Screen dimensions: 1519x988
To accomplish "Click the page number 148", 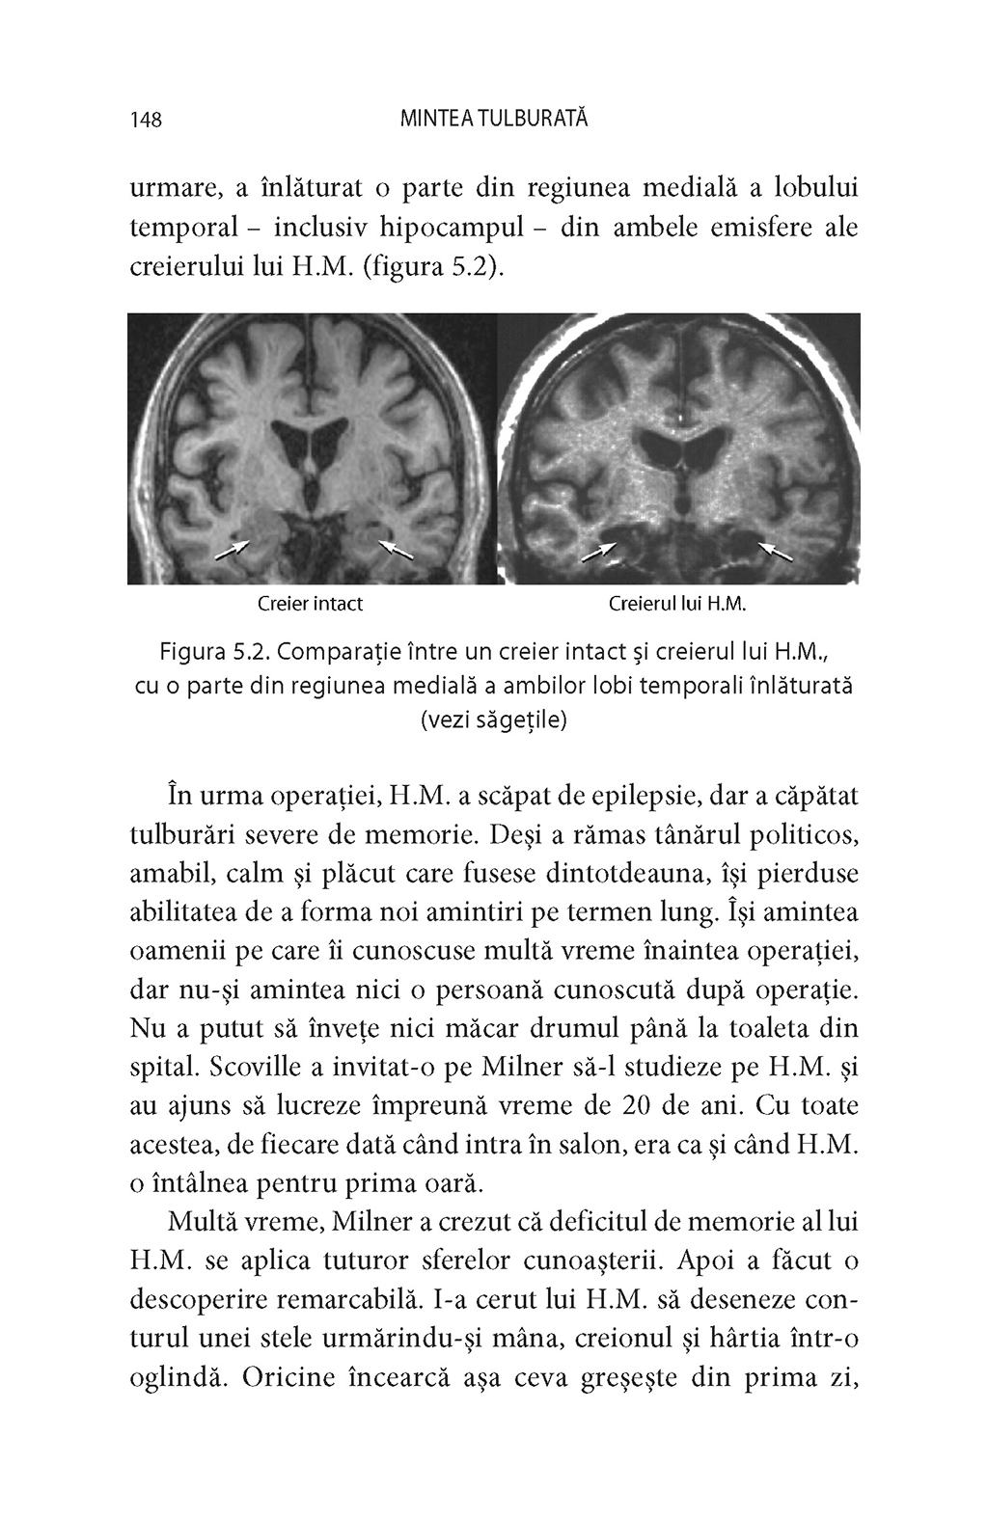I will [x=145, y=120].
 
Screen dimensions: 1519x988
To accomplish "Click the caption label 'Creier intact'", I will [x=310, y=605].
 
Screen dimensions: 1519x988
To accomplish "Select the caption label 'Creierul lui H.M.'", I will [x=679, y=605].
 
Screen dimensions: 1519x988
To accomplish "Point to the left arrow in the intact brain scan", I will [x=231, y=549].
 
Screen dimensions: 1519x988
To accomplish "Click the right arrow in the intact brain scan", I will [x=396, y=549].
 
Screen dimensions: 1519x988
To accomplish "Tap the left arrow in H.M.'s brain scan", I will [x=598, y=552].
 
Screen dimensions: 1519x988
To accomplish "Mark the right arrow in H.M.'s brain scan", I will [x=776, y=551].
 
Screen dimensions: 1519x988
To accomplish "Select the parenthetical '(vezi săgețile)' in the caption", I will [x=494, y=720].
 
